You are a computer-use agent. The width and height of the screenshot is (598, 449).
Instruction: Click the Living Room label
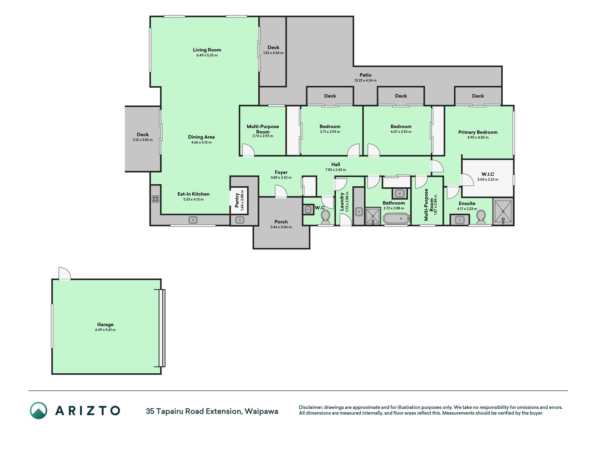click(207, 50)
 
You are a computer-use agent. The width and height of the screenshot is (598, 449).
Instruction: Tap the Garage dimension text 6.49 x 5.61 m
click(105, 330)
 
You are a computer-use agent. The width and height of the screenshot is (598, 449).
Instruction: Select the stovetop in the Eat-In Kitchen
click(156, 199)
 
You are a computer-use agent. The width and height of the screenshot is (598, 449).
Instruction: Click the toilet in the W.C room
click(325, 218)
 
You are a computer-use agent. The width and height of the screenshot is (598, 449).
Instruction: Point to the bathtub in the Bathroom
click(396, 219)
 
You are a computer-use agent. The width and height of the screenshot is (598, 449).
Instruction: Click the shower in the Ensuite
click(503, 211)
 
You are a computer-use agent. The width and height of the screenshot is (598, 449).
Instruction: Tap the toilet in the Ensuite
click(481, 217)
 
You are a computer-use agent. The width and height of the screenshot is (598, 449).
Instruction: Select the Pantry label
click(237, 200)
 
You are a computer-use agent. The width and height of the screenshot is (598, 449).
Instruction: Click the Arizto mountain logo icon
click(38, 410)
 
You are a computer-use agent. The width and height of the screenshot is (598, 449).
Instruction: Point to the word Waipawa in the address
click(261, 411)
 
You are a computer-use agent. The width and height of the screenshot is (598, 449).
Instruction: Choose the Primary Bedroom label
click(478, 132)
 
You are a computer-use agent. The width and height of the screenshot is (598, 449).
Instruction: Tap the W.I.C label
click(488, 174)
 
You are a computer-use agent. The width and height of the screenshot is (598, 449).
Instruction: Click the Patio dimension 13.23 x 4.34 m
click(365, 80)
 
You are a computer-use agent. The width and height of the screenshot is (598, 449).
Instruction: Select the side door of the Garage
click(64, 274)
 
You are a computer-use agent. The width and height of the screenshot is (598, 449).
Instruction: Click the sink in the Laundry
click(359, 212)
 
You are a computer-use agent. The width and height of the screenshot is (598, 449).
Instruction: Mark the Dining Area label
click(201, 137)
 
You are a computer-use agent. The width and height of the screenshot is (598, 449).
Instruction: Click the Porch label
click(281, 222)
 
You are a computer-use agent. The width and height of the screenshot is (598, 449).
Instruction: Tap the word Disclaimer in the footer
click(310, 407)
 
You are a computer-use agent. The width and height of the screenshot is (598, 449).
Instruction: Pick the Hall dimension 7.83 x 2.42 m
click(336, 170)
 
